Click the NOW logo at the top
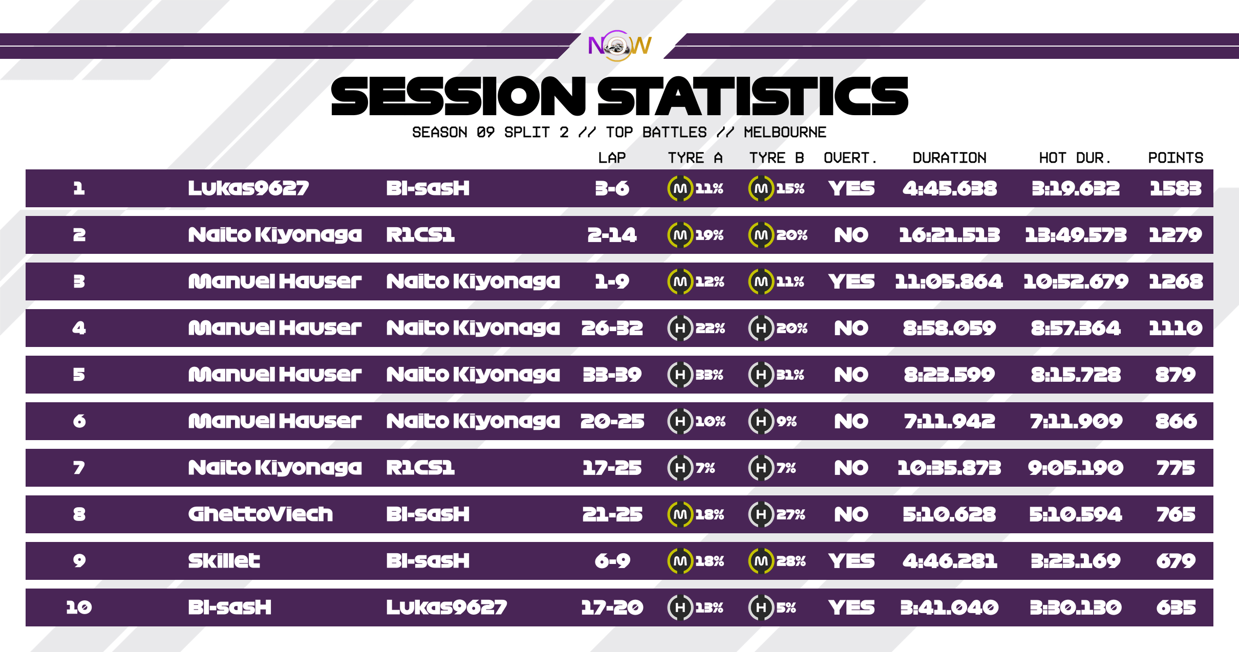click(x=619, y=46)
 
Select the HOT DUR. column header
click(x=1075, y=158)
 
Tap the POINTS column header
click(x=1176, y=158)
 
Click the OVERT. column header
click(x=850, y=158)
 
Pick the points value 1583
click(x=1176, y=188)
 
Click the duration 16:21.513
click(x=949, y=235)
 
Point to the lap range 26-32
click(x=612, y=328)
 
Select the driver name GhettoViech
click(x=261, y=514)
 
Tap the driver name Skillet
click(x=224, y=561)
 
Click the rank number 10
click(x=79, y=607)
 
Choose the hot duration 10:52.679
click(x=1076, y=281)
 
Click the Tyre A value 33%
click(x=710, y=375)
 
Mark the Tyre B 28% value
click(x=791, y=561)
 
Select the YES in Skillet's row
click(x=851, y=561)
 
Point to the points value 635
click(x=1176, y=607)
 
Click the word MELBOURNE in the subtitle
click(x=785, y=133)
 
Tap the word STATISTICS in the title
click(x=753, y=96)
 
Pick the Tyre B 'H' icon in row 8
click(x=761, y=514)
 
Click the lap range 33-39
click(x=612, y=375)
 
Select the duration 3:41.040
click(x=949, y=607)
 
